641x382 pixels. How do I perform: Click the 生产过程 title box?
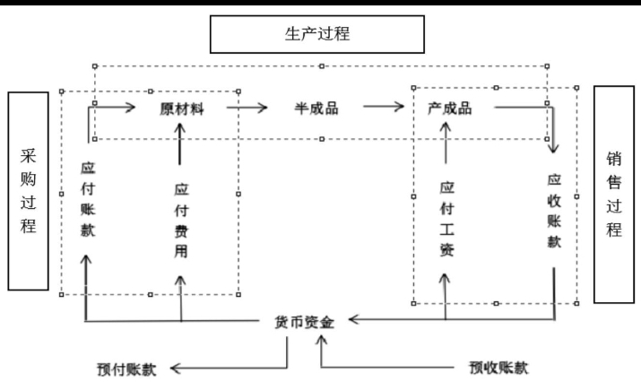pos(316,34)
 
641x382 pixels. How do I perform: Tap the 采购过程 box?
pos(29,189)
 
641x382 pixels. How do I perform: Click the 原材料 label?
pos(181,108)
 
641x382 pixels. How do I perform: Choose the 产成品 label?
pos(450,108)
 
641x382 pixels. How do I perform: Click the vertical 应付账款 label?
pos(87,200)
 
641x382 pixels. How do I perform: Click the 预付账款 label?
pos(126,368)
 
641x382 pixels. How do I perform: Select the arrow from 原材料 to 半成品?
pos(247,108)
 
